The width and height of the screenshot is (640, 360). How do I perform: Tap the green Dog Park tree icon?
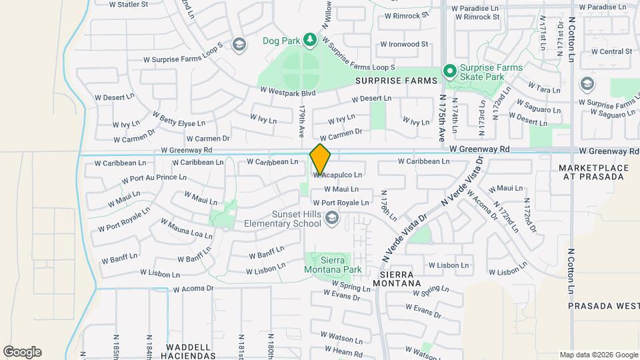(x=309, y=41)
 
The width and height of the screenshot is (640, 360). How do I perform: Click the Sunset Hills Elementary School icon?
(x=331, y=218)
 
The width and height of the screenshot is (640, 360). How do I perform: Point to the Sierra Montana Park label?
(x=332, y=265)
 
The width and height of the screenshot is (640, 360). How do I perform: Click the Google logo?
(x=22, y=352)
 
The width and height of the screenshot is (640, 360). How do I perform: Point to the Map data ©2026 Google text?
(x=597, y=355)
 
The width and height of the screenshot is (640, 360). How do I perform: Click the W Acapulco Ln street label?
(x=338, y=175)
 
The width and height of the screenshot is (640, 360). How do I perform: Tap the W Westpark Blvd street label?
(x=287, y=93)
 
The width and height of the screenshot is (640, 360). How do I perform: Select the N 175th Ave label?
(x=441, y=117)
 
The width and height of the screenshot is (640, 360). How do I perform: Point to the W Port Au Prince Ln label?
(x=153, y=178)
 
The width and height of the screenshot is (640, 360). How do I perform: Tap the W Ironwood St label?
(x=403, y=45)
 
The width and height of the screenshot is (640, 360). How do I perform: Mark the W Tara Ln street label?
(x=543, y=87)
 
